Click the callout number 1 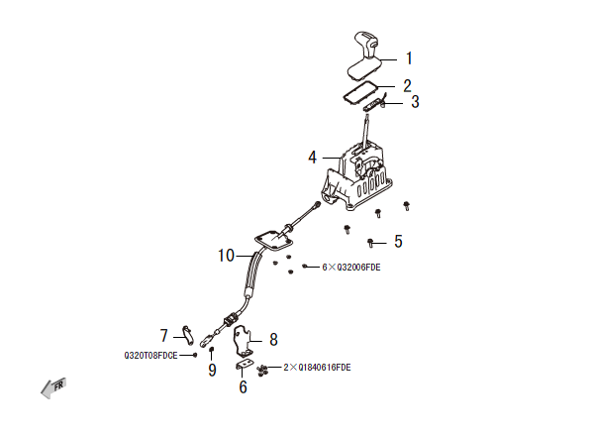409,58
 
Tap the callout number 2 407,85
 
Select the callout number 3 415,101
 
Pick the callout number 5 398,241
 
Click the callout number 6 243,387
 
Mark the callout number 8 273,339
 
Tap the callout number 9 211,371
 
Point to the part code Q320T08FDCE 150,354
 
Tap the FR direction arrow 52,389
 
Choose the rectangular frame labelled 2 356,91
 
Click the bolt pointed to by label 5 370,242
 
